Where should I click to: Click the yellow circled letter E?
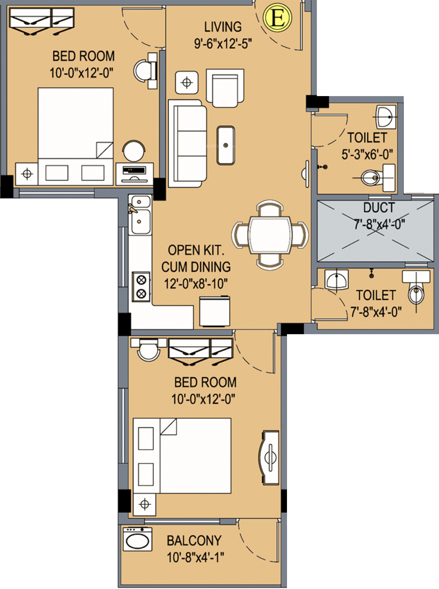[277, 17]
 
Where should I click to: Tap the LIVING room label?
[223, 27]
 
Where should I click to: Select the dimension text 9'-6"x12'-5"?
[223, 43]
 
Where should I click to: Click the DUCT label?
[379, 207]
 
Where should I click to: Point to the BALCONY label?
[194, 541]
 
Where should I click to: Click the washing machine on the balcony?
[138, 539]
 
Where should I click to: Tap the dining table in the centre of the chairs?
[270, 235]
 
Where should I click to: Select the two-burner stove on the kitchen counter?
[141, 286]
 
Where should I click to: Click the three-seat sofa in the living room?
[187, 144]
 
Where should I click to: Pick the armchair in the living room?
[225, 88]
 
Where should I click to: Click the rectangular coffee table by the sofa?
[226, 145]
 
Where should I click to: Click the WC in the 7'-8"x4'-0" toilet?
[416, 288]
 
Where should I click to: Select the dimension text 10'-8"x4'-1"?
[195, 557]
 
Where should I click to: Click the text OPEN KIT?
[196, 250]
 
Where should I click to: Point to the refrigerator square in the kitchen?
[215, 311]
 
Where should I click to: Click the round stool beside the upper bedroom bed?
[134, 151]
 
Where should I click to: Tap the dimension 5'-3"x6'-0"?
[367, 154]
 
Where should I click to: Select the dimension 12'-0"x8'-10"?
[196, 284]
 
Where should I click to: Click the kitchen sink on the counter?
[140, 215]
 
